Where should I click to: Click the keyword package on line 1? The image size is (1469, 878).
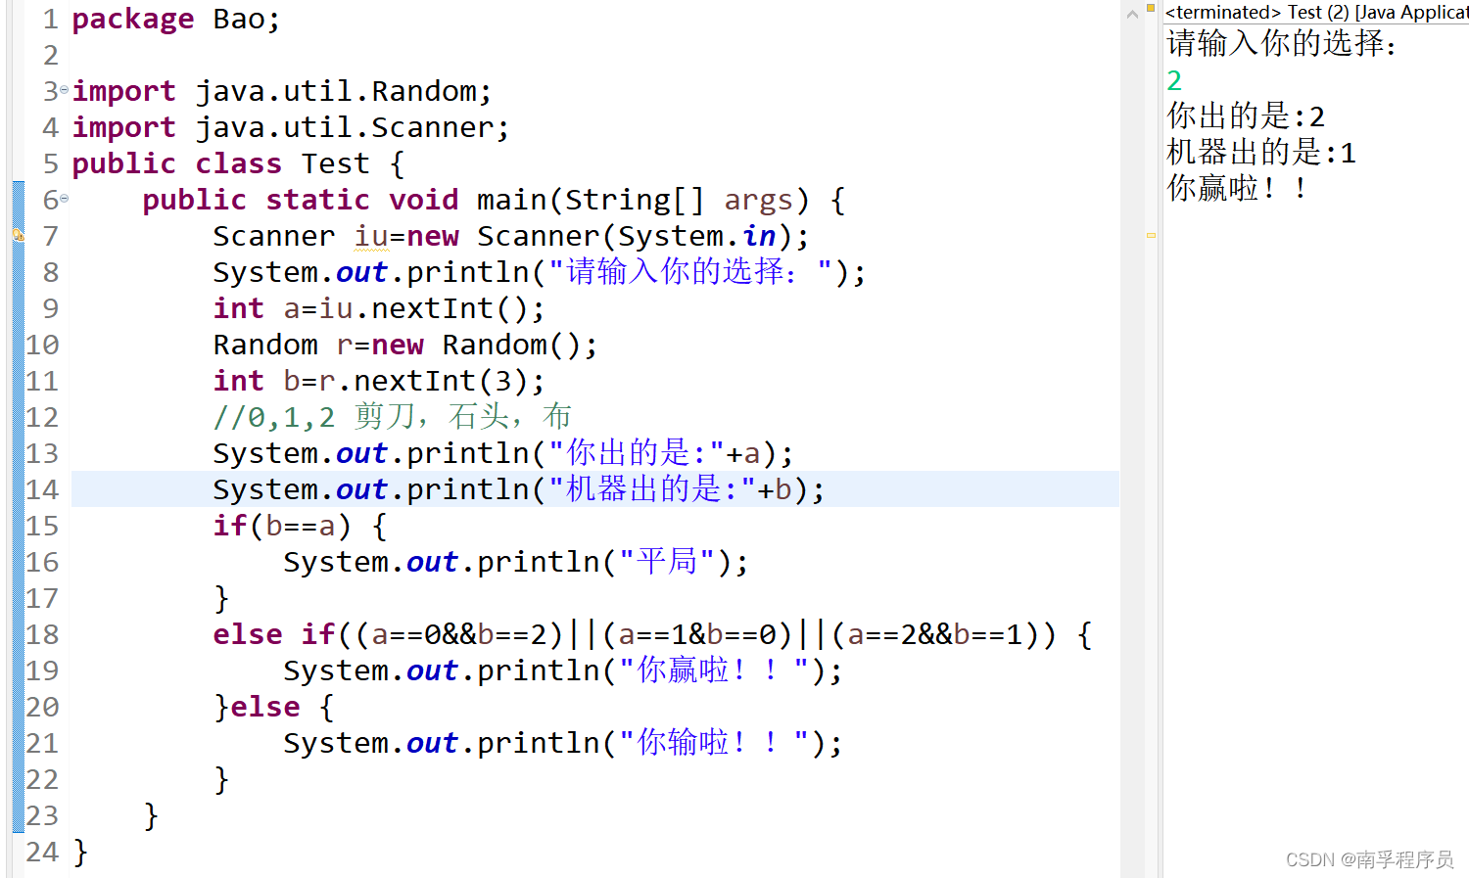[132, 20]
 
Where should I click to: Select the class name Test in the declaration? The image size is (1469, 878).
[335, 163]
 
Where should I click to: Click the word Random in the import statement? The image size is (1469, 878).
[424, 91]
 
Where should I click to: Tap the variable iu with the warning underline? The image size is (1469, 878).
[371, 236]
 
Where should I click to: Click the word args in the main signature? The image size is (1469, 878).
[758, 201]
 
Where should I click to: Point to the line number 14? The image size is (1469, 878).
[42, 489]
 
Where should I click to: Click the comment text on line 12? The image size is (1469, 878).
[392, 417]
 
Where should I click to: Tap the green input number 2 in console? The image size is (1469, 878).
[1174, 80]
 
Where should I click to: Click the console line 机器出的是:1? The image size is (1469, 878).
[1261, 152]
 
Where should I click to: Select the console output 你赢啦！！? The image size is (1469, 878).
[1237, 188]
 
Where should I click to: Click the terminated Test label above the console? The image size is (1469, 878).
[1316, 12]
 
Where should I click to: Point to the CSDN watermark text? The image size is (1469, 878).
[1369, 859]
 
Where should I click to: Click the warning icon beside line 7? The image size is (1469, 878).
[19, 235]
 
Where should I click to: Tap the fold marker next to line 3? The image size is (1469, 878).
[65, 89]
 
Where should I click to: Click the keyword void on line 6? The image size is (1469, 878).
[424, 200]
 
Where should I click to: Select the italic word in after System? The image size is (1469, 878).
[759, 236]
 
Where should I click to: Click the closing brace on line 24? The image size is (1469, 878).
[80, 853]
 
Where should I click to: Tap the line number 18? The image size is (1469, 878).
[42, 634]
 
